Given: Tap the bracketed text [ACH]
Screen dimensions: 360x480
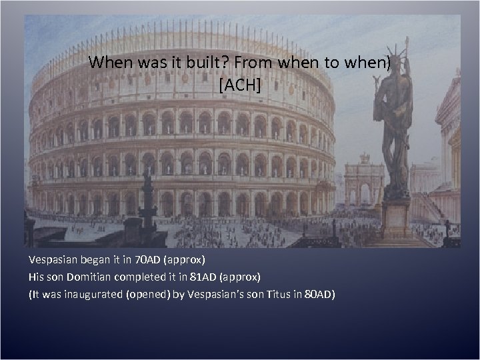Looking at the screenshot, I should point(239,85).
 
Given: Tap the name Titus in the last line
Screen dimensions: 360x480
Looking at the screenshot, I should point(273,293).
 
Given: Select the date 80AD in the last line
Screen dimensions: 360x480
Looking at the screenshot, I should point(318,293).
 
